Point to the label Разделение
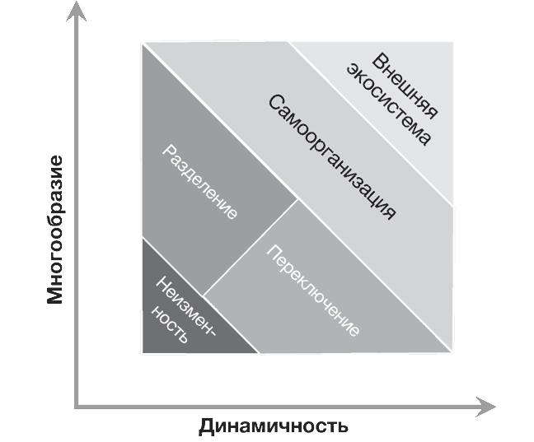[201, 182]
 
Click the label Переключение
[314, 291]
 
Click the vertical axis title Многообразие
[54, 228]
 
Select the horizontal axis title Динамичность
[273, 426]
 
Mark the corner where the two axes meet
[77, 407]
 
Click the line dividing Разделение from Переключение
[251, 246]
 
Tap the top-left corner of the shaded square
[142, 41]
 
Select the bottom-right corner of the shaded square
[454, 355]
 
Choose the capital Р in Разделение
[167, 150]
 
